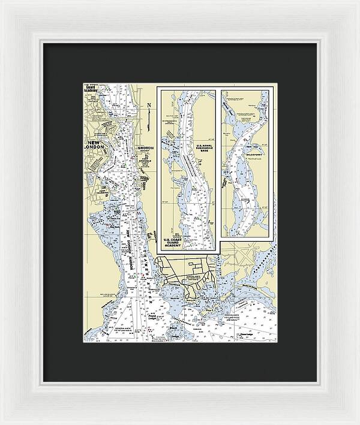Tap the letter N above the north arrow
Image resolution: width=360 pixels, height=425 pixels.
(x=148, y=106)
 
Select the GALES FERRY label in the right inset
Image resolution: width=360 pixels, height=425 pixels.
(x=254, y=152)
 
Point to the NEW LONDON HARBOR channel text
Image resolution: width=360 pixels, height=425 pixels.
(x=132, y=246)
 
